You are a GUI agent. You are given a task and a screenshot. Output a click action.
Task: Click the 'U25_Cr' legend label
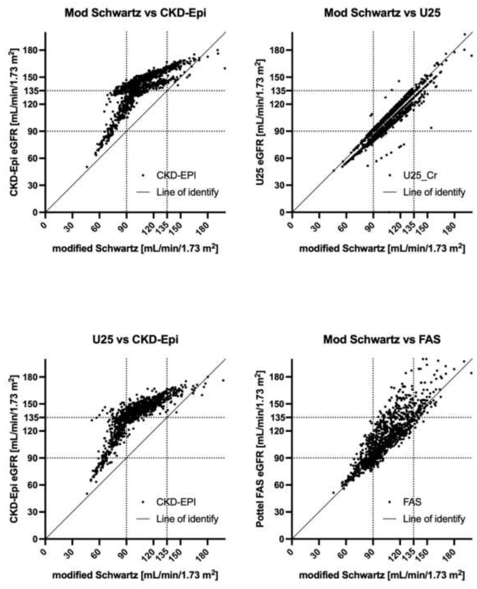(x=420, y=175)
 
